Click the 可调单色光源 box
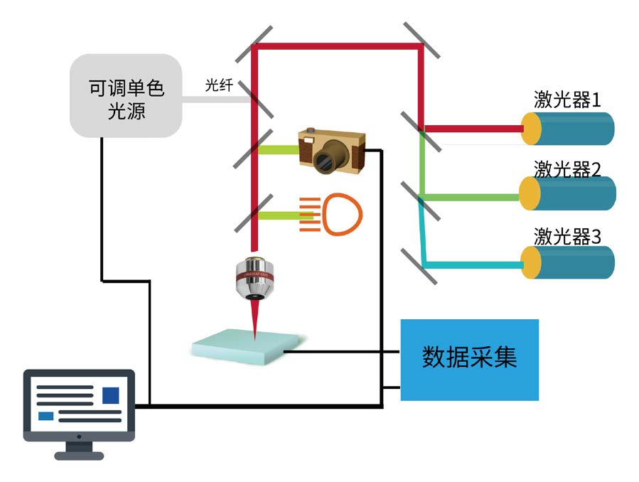pyautogui.click(x=126, y=96)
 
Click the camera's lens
pyautogui.click(x=331, y=159)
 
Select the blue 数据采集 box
pyautogui.click(x=469, y=359)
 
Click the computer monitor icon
pyautogui.click(x=79, y=409)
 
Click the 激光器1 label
pyautogui.click(x=567, y=100)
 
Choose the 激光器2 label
pyautogui.click(x=567, y=168)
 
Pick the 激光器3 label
pyautogui.click(x=567, y=236)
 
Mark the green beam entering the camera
pyautogui.click(x=279, y=150)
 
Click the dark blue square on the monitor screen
pyautogui.click(x=111, y=395)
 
